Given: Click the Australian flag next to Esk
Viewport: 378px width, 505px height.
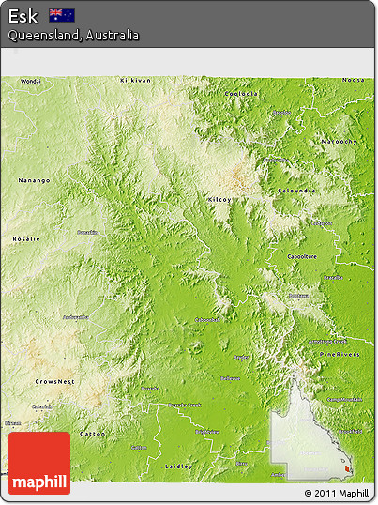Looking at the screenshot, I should tap(62, 15).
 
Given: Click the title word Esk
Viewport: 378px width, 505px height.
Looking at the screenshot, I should tap(23, 15).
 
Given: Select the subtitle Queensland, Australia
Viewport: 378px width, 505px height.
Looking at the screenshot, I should tap(73, 35).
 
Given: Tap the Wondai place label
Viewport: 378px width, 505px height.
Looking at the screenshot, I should tap(30, 82).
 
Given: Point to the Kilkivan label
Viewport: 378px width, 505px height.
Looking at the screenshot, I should tap(135, 81).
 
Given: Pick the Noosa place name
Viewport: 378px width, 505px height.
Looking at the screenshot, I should tap(353, 81).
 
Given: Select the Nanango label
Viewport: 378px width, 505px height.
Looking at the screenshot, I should tap(34, 180).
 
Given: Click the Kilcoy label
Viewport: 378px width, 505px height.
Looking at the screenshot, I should tap(220, 200).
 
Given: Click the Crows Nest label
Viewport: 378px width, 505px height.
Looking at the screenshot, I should tap(55, 382).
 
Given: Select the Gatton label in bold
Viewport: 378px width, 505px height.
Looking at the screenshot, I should tap(92, 435).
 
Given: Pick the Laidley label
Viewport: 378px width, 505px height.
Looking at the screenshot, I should tap(177, 466).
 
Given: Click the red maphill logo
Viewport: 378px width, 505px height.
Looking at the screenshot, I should tap(38, 464).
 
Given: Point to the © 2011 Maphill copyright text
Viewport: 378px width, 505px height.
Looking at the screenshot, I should tap(337, 494).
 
